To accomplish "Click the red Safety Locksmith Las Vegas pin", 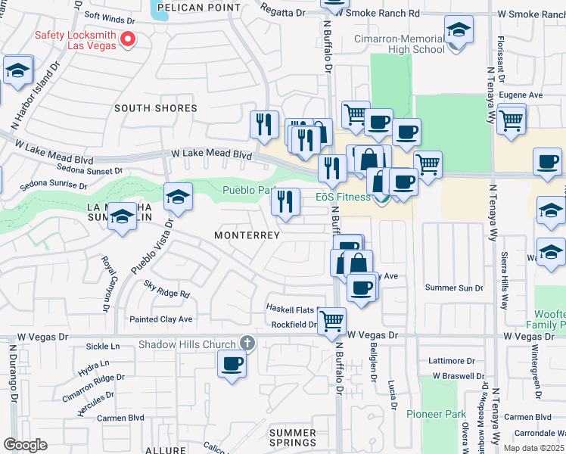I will [129, 39].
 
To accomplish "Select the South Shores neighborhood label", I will [155, 108].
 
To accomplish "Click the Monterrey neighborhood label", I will [247, 235].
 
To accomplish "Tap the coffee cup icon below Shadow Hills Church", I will [232, 364].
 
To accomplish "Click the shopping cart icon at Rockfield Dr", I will [331, 321].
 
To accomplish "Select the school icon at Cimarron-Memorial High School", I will [457, 31].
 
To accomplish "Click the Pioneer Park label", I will [436, 414].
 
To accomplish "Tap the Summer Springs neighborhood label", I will [293, 437].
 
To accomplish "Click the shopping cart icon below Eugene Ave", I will [512, 119].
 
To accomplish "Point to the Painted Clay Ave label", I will [160, 319].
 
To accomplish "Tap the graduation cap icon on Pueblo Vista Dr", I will [179, 198].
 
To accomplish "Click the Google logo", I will [25, 445].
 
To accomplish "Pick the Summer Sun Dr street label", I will [453, 288].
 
